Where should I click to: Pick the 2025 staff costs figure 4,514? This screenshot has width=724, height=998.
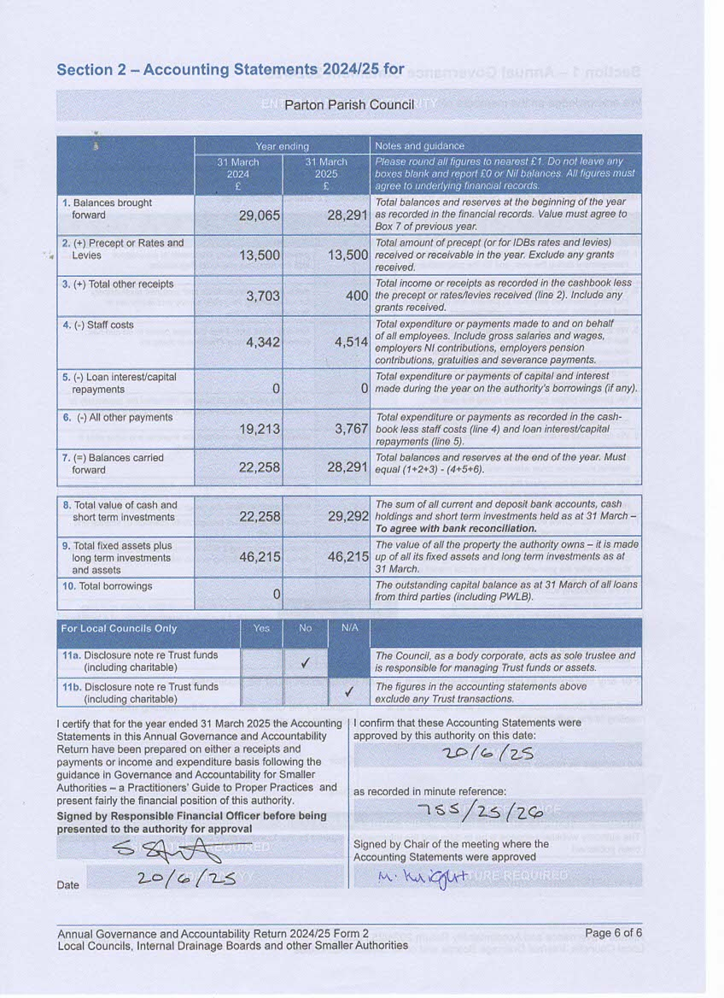(x=351, y=342)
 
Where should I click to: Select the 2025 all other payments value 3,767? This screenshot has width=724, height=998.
(x=351, y=429)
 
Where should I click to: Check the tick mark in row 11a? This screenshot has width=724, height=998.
(x=305, y=661)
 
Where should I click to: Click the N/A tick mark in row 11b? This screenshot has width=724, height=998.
(x=348, y=692)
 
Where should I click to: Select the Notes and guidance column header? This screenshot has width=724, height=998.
(x=412, y=146)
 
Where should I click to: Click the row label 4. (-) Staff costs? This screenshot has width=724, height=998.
(x=103, y=326)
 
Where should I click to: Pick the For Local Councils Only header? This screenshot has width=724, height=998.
(x=119, y=629)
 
